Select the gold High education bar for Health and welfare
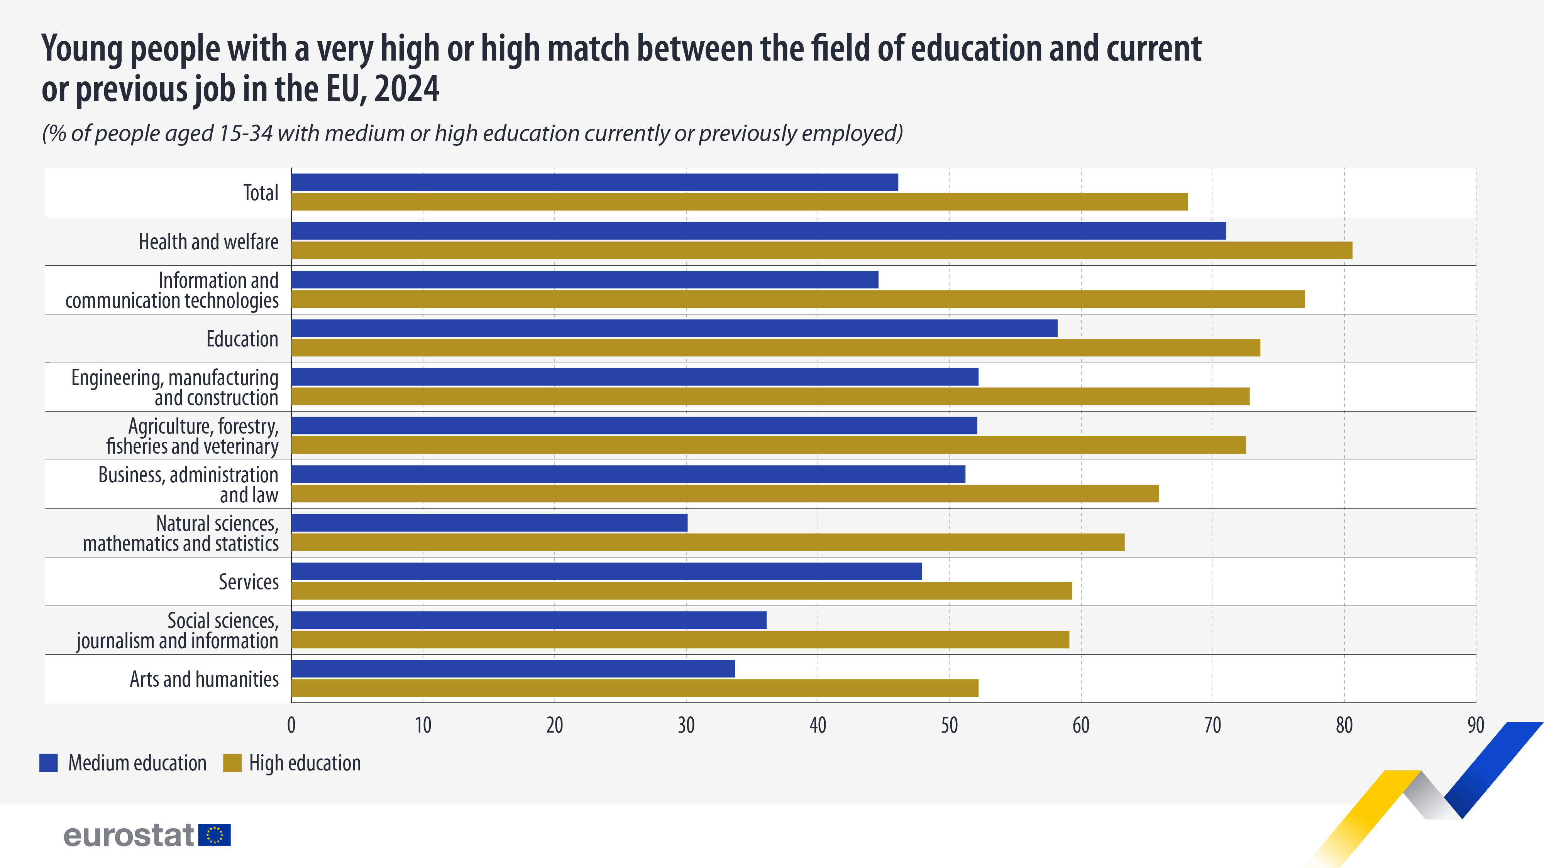[821, 250]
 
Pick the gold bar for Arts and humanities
[634, 688]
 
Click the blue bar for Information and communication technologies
[584, 280]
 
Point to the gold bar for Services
[681, 591]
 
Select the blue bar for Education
[674, 328]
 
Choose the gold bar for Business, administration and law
[725, 494]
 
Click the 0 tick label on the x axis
[291, 725]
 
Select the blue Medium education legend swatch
[49, 763]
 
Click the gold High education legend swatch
[232, 763]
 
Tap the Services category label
[248, 582]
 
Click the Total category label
[261, 193]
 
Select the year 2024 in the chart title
[407, 89]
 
